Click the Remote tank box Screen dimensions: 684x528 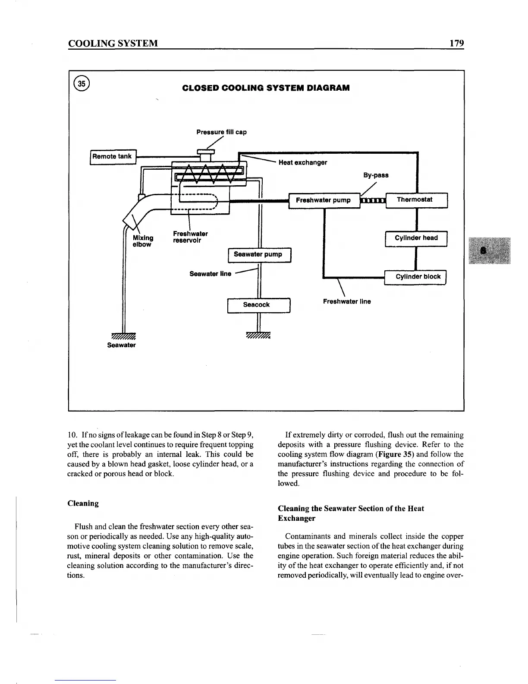[x=113, y=156]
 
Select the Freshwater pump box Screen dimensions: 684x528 [x=324, y=200]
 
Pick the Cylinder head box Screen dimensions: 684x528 [x=416, y=238]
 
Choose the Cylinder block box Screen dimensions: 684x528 [x=415, y=277]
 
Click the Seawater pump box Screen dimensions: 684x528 [x=259, y=255]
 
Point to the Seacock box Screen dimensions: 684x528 [x=258, y=305]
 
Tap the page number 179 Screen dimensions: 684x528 [x=456, y=43]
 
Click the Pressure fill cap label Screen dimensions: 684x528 [x=221, y=132]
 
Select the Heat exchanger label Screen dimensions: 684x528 [x=303, y=163]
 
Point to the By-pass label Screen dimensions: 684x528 [x=376, y=175]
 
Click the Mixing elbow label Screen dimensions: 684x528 [x=143, y=241]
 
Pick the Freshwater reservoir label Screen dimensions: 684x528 [x=190, y=237]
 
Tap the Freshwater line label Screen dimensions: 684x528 [x=347, y=302]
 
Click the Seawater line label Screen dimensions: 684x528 [x=211, y=274]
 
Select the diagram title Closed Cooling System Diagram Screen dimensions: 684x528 [x=266, y=88]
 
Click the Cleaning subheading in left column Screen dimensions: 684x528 [x=83, y=503]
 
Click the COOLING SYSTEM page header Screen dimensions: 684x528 [x=113, y=43]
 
